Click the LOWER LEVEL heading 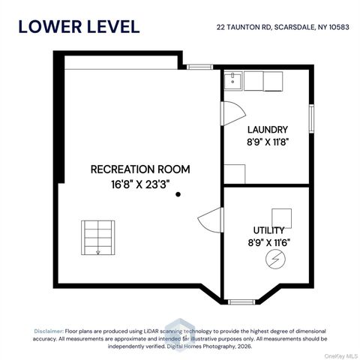coord(79,27)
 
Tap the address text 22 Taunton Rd coord(244,27)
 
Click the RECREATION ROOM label coord(140,169)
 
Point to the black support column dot coord(178,194)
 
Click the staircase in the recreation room coord(98,238)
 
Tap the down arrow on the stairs coord(98,251)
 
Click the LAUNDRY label coord(268,130)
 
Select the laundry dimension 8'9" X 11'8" coord(268,142)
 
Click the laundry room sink coord(232,81)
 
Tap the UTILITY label coord(268,230)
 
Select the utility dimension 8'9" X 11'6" coord(269,242)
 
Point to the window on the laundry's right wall coord(311,118)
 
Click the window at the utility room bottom coord(241,302)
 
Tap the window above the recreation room coord(199,67)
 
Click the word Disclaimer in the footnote coord(49,331)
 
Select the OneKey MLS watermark coord(341,356)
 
